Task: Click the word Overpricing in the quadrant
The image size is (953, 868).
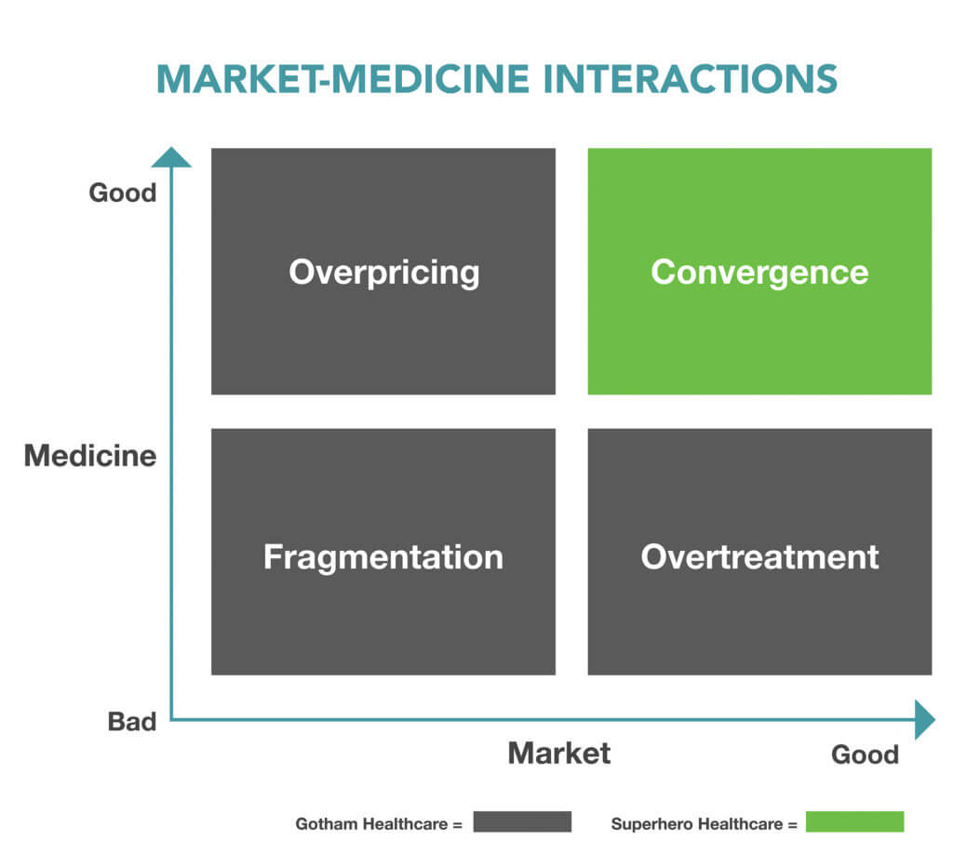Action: (383, 273)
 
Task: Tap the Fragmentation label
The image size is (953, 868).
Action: (383, 556)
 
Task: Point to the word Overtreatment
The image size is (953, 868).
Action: (759, 556)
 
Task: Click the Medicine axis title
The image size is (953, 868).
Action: (89, 456)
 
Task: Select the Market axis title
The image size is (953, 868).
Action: (558, 753)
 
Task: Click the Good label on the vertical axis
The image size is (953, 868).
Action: (122, 193)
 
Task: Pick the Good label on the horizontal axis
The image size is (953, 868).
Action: (865, 754)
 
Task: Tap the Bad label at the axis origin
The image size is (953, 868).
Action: (131, 721)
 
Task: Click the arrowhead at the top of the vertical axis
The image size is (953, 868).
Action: (170, 156)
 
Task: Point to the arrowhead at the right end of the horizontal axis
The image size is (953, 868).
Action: (924, 719)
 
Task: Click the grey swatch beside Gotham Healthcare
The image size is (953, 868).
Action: (521, 822)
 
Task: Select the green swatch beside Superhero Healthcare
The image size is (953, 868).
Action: (854, 822)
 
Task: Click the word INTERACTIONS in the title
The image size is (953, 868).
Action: (691, 79)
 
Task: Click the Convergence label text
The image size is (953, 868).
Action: (759, 273)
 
